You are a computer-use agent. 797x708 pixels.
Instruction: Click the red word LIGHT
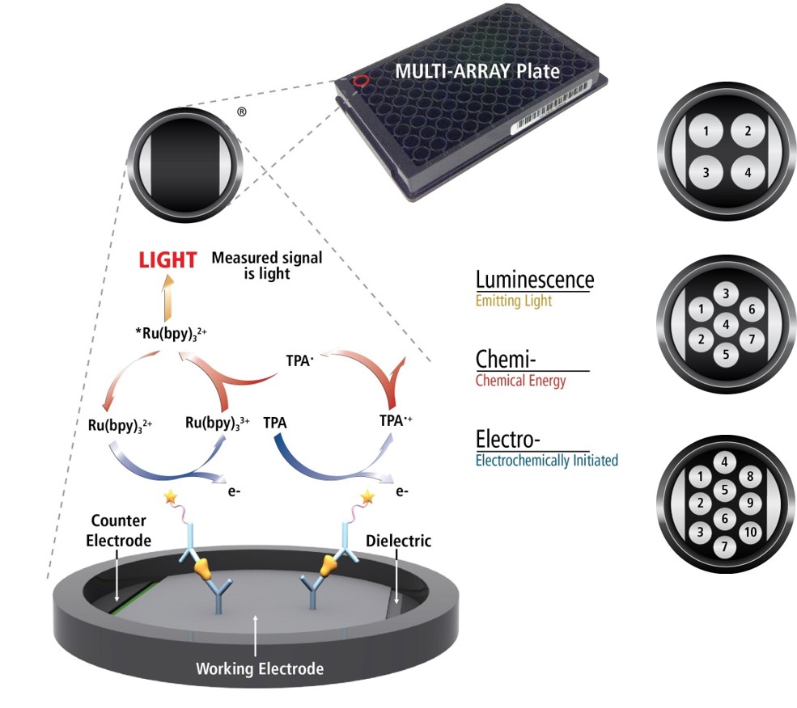(x=167, y=259)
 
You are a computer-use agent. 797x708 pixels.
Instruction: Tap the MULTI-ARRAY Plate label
(x=477, y=71)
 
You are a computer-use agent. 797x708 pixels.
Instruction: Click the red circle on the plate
(x=361, y=82)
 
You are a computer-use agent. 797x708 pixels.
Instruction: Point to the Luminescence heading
(x=534, y=280)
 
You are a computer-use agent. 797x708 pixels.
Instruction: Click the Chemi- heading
(x=505, y=359)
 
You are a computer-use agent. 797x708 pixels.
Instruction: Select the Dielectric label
(x=398, y=540)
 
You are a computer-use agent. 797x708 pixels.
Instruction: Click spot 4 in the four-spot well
(x=748, y=172)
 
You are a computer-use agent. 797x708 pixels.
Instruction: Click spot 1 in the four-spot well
(x=706, y=131)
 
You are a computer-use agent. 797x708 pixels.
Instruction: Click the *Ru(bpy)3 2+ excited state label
(x=170, y=333)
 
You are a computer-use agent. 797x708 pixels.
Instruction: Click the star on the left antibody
(x=171, y=495)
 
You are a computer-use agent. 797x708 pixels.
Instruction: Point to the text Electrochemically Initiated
(x=546, y=461)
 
